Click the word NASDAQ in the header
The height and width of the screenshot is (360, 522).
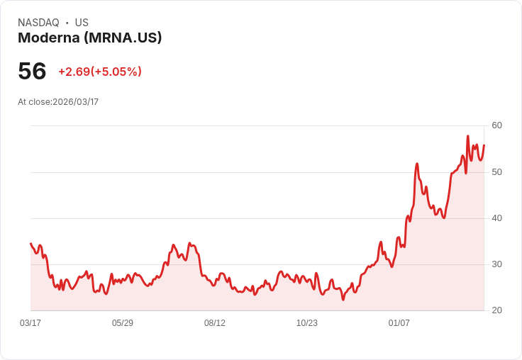38,23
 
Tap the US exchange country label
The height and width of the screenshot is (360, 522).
82,23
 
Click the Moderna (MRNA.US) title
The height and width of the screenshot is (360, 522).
90,38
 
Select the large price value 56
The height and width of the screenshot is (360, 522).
32,71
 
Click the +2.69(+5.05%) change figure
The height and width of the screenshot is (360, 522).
100,72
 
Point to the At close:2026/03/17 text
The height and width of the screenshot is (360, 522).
58,102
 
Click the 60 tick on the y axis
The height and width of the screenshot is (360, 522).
496,125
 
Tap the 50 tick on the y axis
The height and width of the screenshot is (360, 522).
496,172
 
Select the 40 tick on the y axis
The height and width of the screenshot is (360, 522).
496,218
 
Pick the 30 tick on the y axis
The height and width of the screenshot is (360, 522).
496,264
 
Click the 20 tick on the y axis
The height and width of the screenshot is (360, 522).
496,310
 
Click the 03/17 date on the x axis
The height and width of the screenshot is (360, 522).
30,323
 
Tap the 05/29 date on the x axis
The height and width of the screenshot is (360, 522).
123,323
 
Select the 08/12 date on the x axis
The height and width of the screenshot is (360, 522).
215,323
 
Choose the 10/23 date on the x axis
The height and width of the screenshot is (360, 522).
307,323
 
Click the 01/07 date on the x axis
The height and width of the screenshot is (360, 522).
399,323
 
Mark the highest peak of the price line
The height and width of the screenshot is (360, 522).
467,136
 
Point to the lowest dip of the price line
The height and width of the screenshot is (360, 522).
343,300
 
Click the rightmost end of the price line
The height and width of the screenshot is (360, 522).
484,145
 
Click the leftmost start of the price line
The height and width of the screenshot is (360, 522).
30,244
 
